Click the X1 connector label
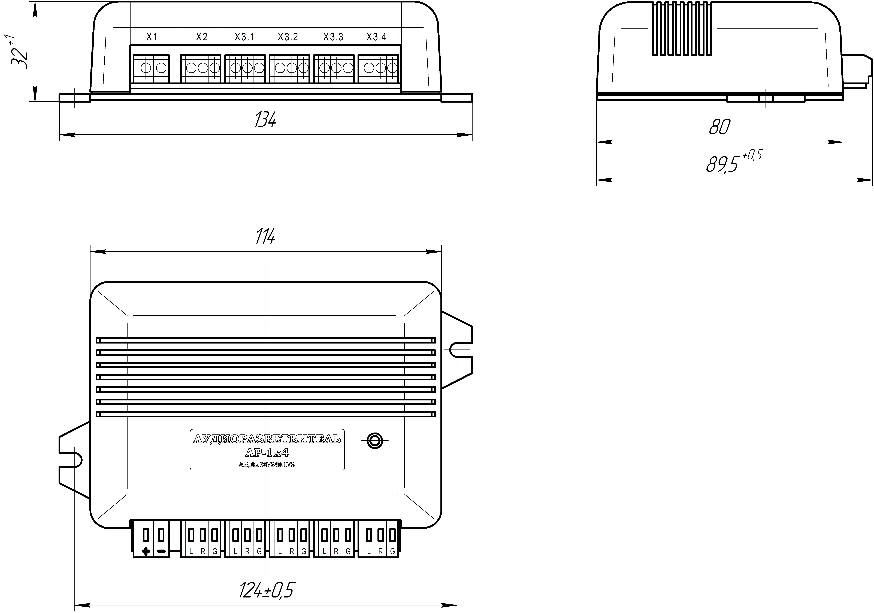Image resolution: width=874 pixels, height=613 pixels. (152, 37)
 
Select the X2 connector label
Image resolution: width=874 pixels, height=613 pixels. (202, 37)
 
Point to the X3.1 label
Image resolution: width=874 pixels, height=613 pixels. (244, 37)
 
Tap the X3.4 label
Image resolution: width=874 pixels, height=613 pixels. (376, 37)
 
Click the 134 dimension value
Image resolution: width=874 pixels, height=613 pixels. (265, 119)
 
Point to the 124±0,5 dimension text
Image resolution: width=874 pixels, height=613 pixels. (266, 590)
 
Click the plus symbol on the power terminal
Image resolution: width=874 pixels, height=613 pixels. (145, 551)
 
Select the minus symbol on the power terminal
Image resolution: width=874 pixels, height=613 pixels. (161, 551)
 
